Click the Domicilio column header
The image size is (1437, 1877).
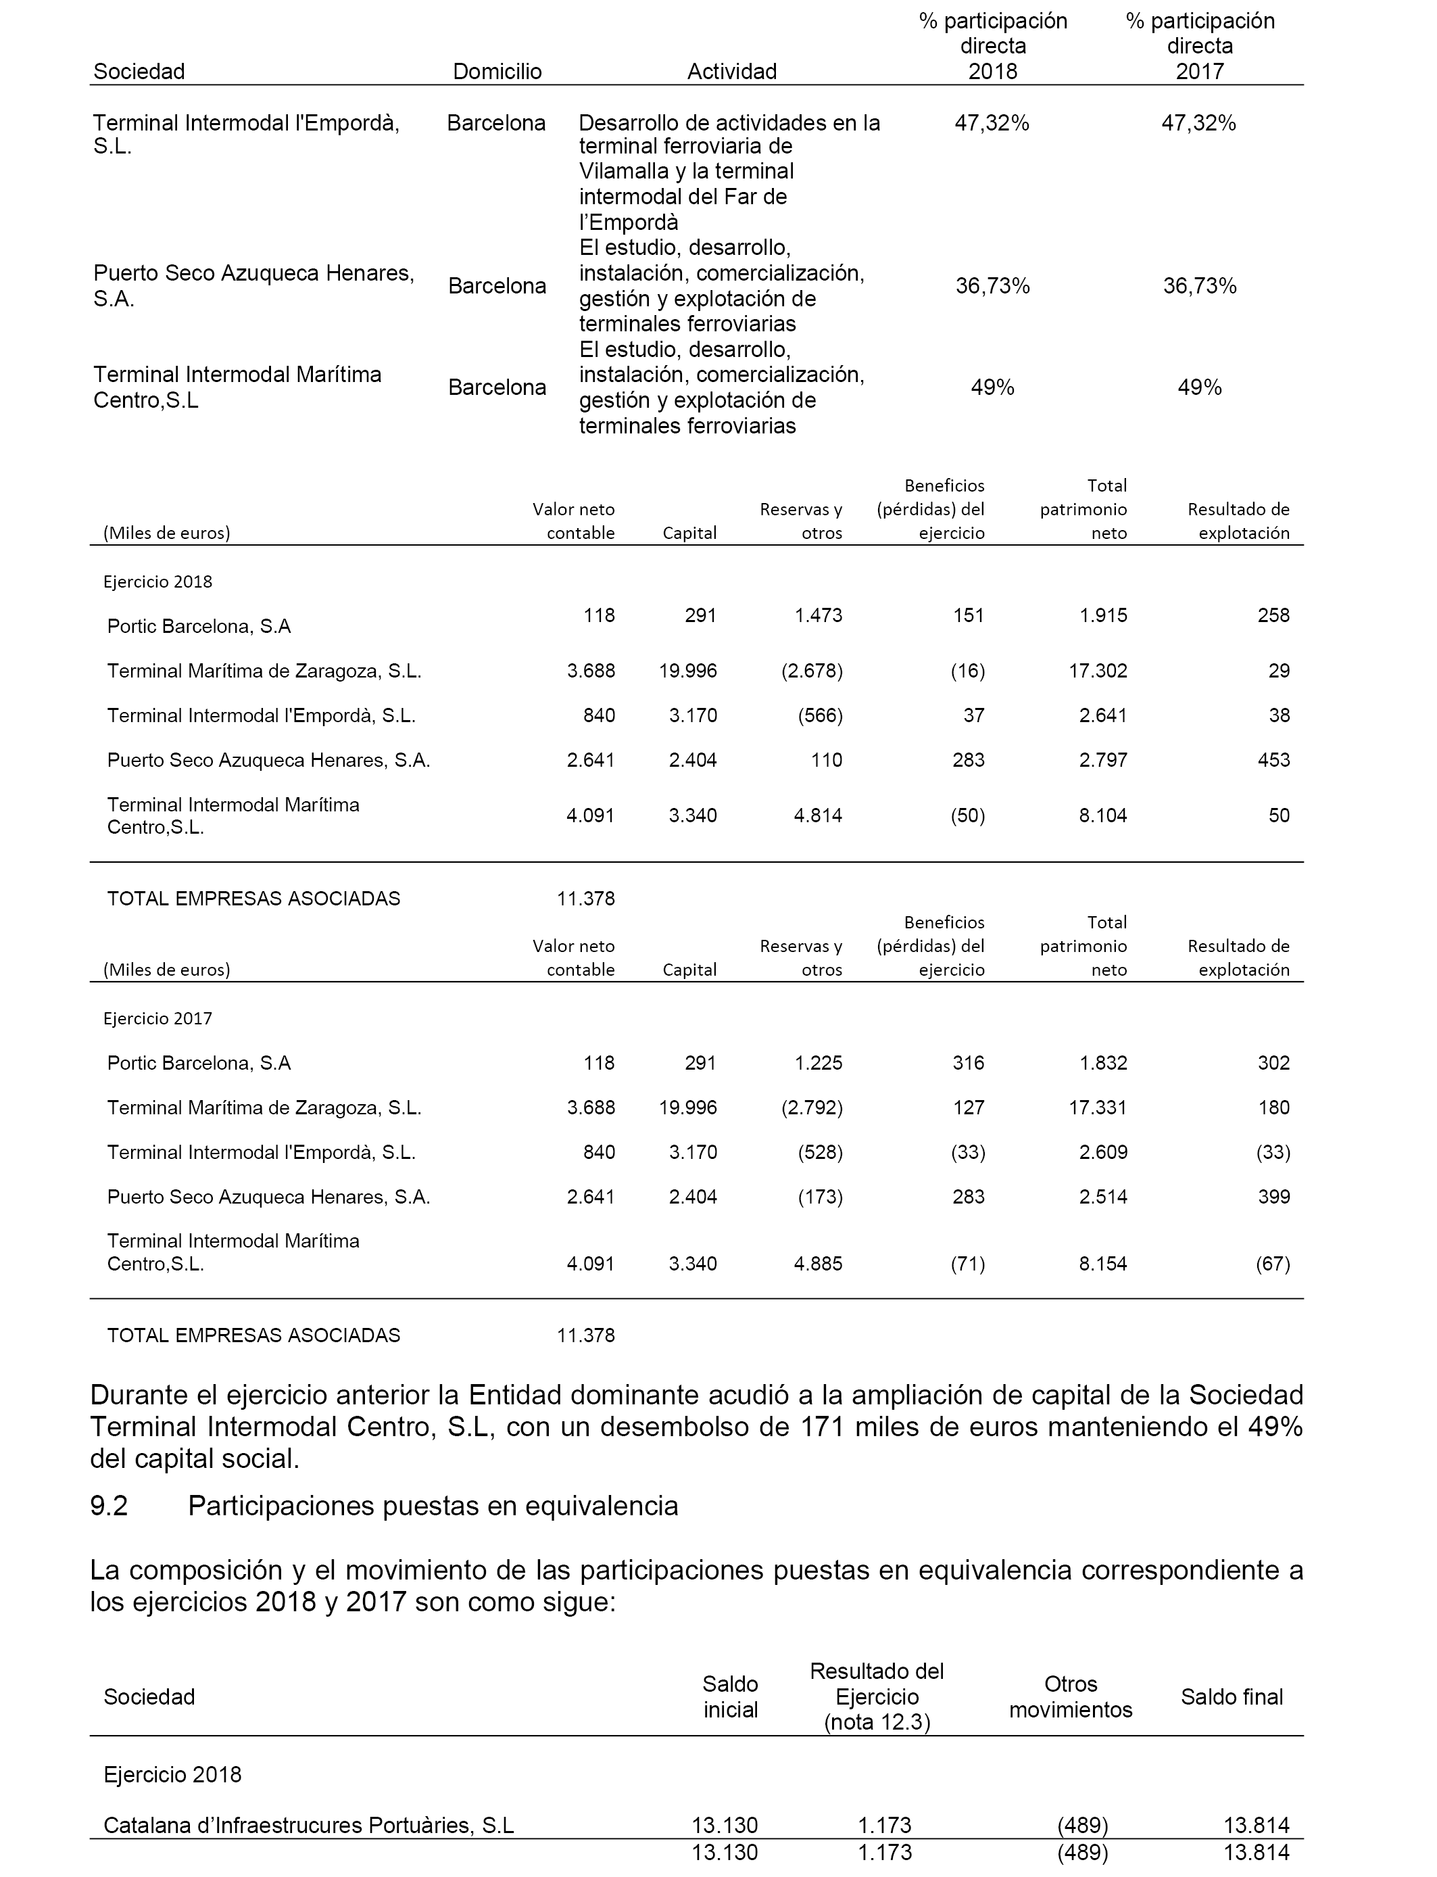[497, 71]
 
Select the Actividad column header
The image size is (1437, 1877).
[731, 71]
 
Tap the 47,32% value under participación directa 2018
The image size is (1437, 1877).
[992, 123]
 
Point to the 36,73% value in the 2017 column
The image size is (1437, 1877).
[1199, 286]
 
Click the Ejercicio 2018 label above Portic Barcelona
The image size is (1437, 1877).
[157, 581]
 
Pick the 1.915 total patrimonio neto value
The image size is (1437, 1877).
[1103, 615]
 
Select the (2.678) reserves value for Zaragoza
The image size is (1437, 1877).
[812, 671]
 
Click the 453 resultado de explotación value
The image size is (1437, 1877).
[1273, 760]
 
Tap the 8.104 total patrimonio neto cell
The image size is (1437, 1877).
[1103, 815]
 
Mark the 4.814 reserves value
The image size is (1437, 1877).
[818, 815]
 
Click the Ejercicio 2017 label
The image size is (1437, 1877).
[157, 1018]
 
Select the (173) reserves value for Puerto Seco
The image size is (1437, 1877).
[821, 1196]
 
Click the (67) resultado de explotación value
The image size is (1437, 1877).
[1273, 1264]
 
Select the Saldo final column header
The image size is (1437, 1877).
[1232, 1696]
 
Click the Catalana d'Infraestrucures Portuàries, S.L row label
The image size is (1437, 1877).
[308, 1825]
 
